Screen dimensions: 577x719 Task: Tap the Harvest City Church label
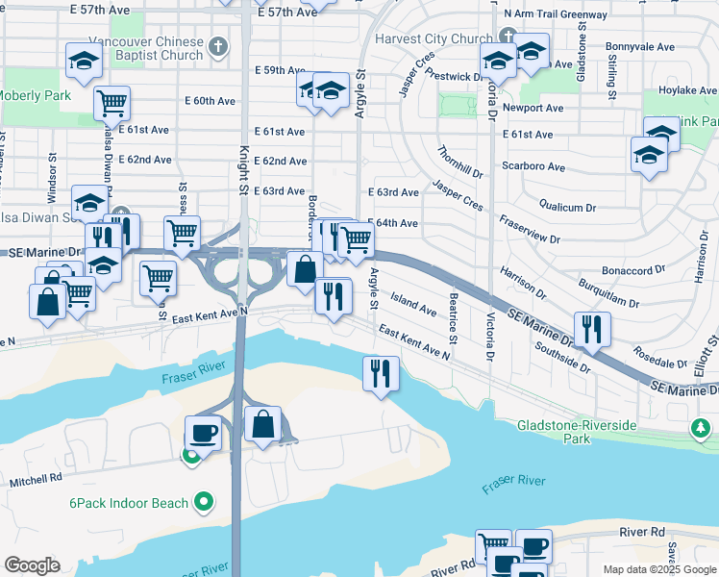coord(433,39)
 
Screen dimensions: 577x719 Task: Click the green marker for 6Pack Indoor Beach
coord(203,501)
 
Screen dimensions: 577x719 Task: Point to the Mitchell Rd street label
coord(36,478)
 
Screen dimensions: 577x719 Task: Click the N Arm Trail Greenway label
coord(556,15)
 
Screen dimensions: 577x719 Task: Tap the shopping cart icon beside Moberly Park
coord(112,101)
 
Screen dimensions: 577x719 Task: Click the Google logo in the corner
coord(32,564)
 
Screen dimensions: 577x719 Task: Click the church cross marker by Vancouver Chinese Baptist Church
coord(219,45)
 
